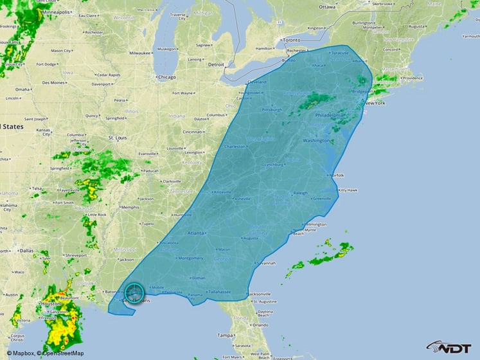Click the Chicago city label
tap(166, 77)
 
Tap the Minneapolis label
tap(57, 12)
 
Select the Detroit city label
tap(217, 64)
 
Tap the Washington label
tap(316, 139)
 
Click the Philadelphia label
tap(330, 114)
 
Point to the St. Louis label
tap(118, 138)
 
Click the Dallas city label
tap(26, 250)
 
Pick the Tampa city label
tap(224, 335)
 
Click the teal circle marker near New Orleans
tap(135, 293)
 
